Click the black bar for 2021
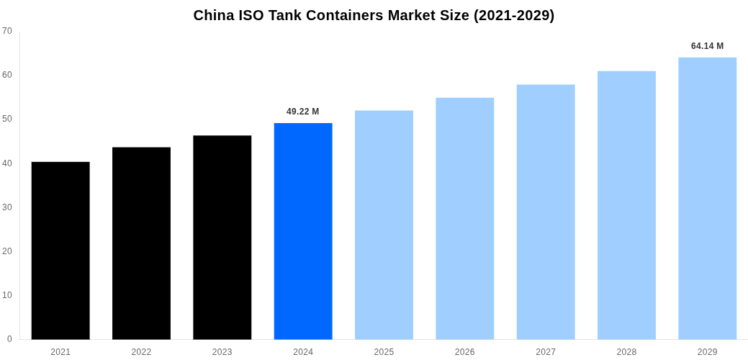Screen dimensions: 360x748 click(x=60, y=251)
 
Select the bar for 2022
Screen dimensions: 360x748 click(x=141, y=243)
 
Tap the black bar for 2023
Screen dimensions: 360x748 click(x=222, y=238)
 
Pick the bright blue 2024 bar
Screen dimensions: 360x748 click(x=303, y=231)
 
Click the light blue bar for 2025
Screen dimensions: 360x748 click(x=384, y=225)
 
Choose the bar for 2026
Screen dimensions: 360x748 click(x=464, y=218)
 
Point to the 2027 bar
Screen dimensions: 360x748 click(x=546, y=212)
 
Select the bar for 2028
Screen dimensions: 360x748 click(x=626, y=205)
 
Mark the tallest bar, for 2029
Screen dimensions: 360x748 click(x=707, y=198)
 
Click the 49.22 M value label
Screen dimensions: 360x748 click(x=302, y=112)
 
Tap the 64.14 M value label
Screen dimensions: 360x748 click(x=707, y=46)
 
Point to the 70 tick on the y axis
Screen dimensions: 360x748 click(x=7, y=31)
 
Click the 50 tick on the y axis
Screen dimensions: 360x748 click(x=7, y=119)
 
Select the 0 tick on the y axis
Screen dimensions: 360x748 click(x=9, y=339)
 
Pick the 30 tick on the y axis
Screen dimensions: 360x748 click(x=7, y=207)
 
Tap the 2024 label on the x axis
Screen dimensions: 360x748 click(x=303, y=352)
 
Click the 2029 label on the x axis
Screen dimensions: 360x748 click(x=707, y=352)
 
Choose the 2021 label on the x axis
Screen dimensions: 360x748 click(x=60, y=352)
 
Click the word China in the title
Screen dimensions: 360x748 click(x=214, y=15)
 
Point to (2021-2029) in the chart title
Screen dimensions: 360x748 click(x=513, y=15)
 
